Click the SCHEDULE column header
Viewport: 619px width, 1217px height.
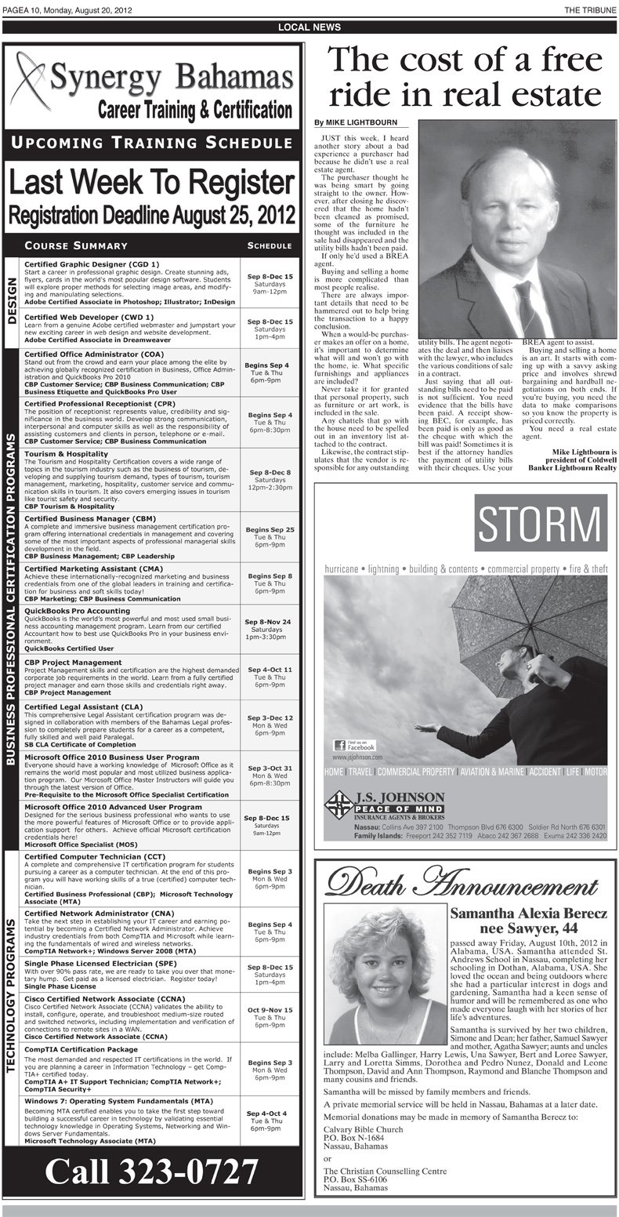click(x=269, y=245)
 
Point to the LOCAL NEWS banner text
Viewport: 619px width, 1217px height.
click(x=309, y=27)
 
